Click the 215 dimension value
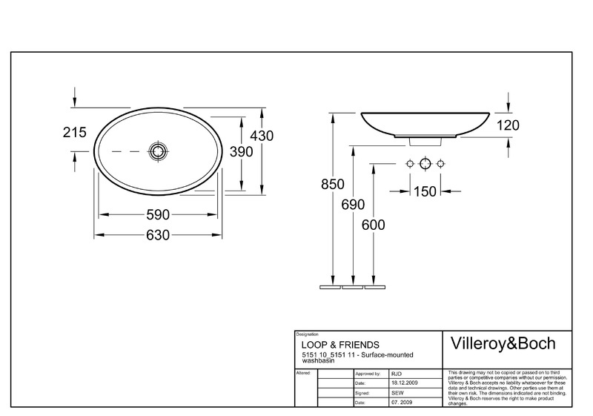tap(75, 132)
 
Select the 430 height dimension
tap(262, 136)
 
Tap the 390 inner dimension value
tap(242, 152)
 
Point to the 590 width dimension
tap(158, 215)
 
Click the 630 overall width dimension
tap(158, 235)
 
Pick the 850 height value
tap(333, 184)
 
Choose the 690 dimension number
tap(353, 205)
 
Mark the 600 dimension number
tap(374, 225)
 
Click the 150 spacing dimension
tap(425, 191)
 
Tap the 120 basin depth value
tap(508, 125)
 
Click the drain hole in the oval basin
tap(157, 151)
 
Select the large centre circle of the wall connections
tap(425, 164)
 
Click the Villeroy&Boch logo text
tap(503, 343)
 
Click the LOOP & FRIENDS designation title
tap(340, 345)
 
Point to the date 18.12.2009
tap(405, 383)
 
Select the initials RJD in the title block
tap(397, 374)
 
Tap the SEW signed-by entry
tap(397, 393)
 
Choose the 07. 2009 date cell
tap(402, 403)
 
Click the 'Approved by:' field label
tap(368, 374)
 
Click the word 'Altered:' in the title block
tap(303, 373)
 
